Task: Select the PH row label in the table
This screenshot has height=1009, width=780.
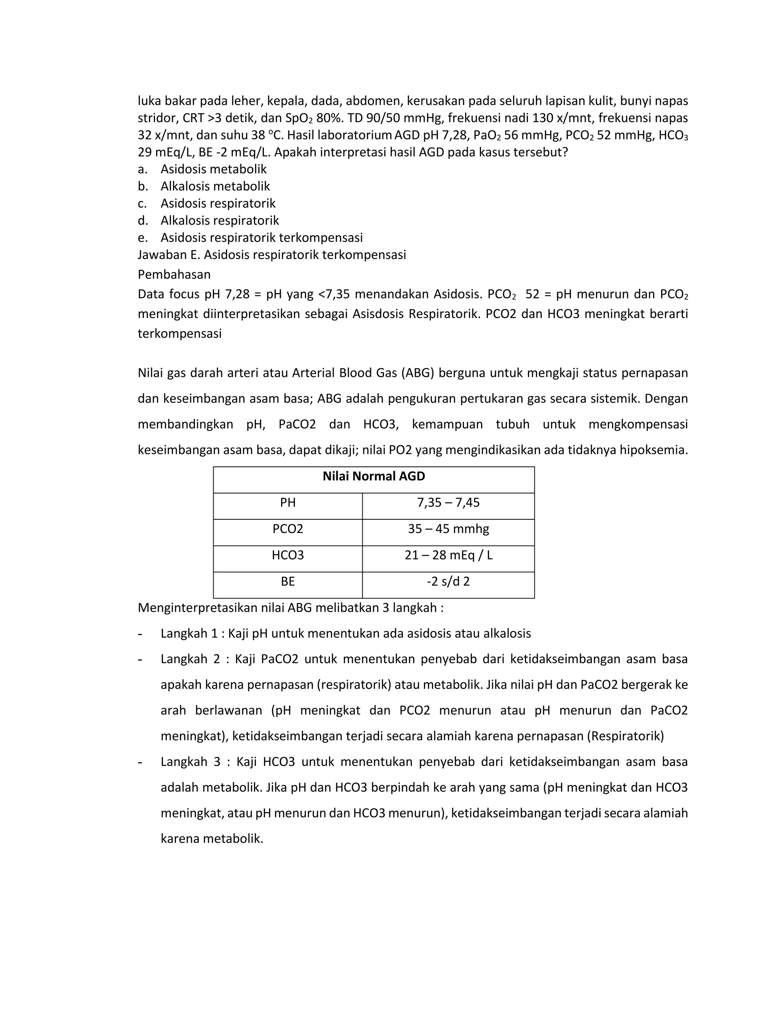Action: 288,503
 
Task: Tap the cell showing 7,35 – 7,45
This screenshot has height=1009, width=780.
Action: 448,503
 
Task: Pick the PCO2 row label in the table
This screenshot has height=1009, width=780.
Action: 288,529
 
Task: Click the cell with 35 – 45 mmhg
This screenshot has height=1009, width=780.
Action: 448,529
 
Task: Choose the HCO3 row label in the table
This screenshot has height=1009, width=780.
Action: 288,555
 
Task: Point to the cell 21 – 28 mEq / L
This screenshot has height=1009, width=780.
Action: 448,555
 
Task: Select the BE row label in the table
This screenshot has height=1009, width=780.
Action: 288,582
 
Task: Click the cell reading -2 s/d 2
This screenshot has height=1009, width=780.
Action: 448,582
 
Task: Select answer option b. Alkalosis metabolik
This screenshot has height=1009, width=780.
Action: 215,186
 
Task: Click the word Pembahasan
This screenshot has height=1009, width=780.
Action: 174,275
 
